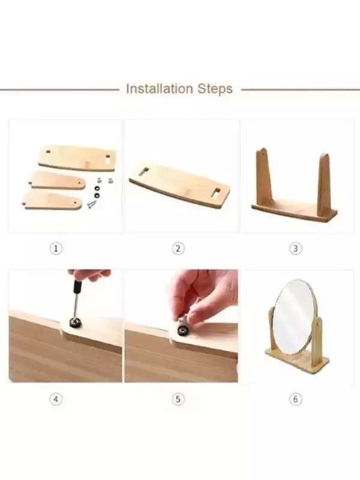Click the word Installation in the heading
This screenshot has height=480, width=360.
coord(159,89)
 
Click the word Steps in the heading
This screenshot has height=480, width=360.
coord(215,89)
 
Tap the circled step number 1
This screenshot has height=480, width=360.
coord(56,248)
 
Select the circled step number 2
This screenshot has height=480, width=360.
coord(178,248)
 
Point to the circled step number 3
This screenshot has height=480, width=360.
coord(295,248)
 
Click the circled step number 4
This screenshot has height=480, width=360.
coord(56,399)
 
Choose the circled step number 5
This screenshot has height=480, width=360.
coord(178,399)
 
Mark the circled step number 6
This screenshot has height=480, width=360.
coord(295,399)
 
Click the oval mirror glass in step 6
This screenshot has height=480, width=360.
coord(293,317)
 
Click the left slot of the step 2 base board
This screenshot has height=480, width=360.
coord(143,172)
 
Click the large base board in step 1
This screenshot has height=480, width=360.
coord(77,158)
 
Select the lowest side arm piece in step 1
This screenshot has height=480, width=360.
coord(52,201)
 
